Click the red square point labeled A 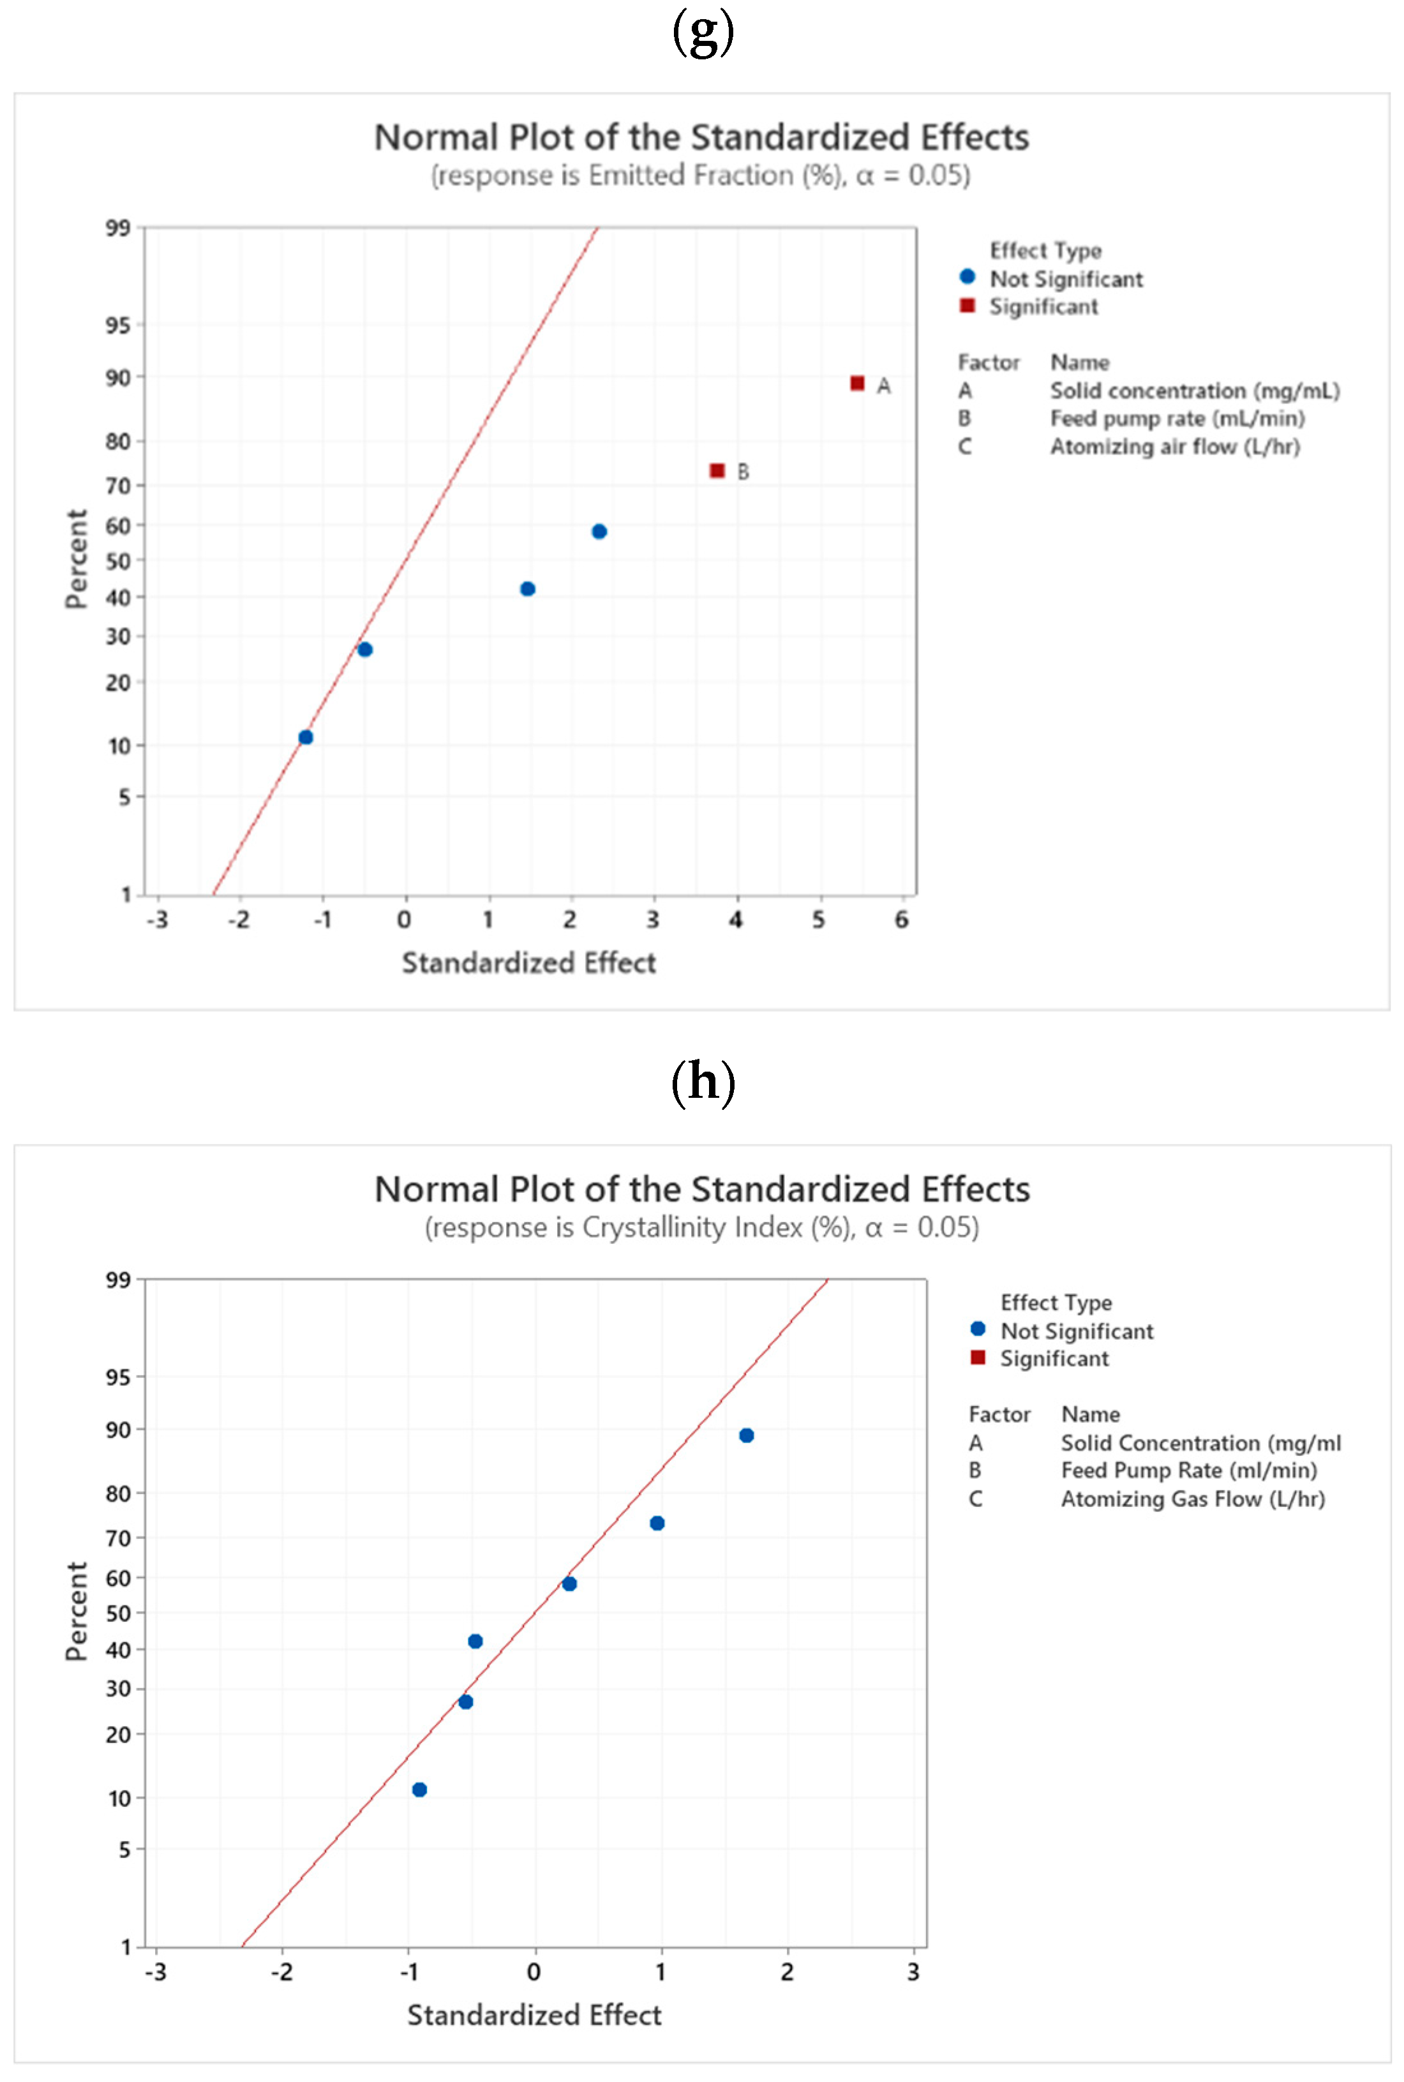(857, 383)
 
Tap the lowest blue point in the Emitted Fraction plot (305, 737)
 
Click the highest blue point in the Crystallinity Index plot (746, 1435)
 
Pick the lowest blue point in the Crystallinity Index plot (419, 1789)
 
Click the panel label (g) (703, 33)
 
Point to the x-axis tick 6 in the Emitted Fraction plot (902, 920)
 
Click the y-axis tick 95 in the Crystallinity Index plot (118, 1377)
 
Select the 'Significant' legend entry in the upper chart (1043, 307)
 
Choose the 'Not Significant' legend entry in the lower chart (1076, 1331)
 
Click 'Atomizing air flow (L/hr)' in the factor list (1175, 446)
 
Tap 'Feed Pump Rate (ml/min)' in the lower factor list (1188, 1471)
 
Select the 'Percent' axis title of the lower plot (77, 1611)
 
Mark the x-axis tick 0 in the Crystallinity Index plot (534, 1972)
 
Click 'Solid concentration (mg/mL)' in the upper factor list (1195, 391)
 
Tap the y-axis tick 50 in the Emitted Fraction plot (118, 562)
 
